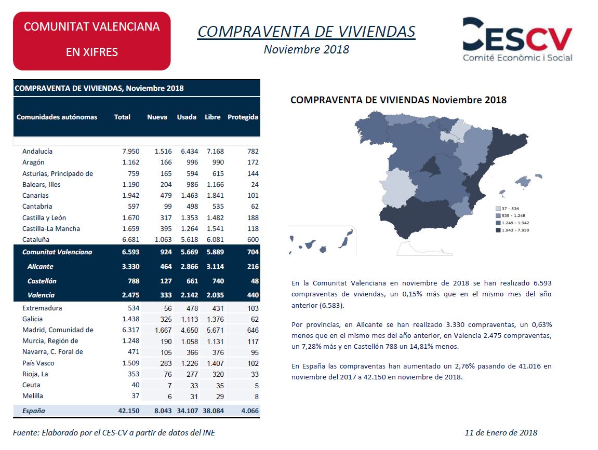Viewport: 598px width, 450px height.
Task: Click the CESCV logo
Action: (x=517, y=39)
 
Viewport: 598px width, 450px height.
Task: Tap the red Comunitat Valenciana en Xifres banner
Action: (x=92, y=41)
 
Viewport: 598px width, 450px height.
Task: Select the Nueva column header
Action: (x=157, y=117)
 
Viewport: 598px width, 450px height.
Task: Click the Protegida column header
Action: (x=243, y=117)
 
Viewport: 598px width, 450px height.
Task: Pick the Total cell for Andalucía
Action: (x=131, y=151)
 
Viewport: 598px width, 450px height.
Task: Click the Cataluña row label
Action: (x=36, y=240)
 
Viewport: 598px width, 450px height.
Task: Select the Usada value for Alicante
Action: (x=190, y=266)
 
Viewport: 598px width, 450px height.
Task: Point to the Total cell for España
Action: (x=129, y=411)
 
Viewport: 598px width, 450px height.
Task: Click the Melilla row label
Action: (x=32, y=396)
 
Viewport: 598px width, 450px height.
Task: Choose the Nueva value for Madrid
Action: (x=163, y=330)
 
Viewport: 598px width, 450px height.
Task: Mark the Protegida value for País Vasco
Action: (x=253, y=363)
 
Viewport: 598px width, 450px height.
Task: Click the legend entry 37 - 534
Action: (x=508, y=209)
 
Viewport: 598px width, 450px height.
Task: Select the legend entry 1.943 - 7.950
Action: (x=513, y=230)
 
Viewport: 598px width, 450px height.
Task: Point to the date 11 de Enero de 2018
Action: (x=501, y=432)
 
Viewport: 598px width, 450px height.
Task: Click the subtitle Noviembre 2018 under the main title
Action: (x=307, y=49)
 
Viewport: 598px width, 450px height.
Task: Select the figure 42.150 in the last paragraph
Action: (x=403, y=377)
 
